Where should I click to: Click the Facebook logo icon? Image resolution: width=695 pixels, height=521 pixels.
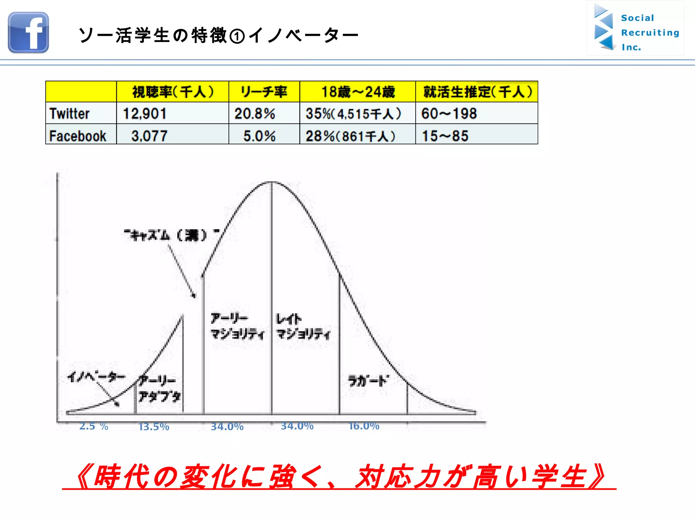29,33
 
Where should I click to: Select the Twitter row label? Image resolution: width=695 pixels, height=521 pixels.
70,113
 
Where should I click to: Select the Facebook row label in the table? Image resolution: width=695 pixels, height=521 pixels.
78,136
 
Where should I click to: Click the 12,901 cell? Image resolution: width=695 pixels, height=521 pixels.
145,113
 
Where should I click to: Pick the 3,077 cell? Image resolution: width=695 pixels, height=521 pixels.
149,136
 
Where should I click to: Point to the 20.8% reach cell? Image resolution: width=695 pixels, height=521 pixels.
255,113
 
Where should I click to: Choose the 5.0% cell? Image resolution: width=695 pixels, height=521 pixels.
260,136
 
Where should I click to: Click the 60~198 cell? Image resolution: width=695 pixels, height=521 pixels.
449,113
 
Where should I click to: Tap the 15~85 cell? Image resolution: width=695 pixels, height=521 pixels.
445,136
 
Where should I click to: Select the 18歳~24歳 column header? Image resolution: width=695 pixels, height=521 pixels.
358,92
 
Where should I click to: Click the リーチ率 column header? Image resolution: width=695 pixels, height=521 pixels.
264,92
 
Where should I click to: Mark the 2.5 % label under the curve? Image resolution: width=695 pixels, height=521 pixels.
94,426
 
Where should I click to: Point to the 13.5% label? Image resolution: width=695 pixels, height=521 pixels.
154,426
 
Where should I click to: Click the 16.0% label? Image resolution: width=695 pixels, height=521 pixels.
364,426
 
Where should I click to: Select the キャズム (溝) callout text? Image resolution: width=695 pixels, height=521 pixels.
171,234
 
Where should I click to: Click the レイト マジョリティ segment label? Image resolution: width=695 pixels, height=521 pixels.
303,326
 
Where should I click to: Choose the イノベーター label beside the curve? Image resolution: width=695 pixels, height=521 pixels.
96,377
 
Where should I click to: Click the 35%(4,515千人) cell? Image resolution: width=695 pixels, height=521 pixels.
353,113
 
